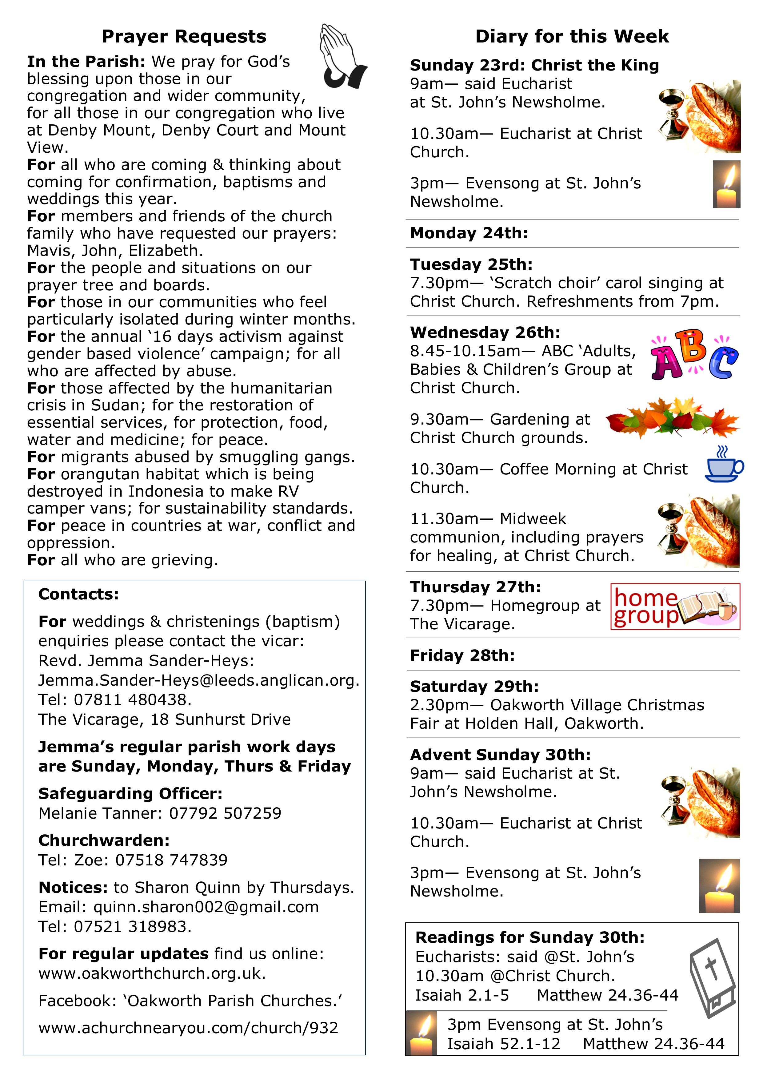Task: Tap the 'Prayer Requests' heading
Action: tap(184, 37)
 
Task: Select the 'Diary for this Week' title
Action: tap(572, 37)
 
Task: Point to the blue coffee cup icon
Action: tap(724, 465)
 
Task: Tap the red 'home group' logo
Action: tap(675, 606)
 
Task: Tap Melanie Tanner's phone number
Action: tap(225, 813)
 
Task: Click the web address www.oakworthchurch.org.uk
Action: tap(152, 973)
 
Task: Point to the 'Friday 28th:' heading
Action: tap(462, 655)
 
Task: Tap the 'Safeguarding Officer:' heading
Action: tap(130, 794)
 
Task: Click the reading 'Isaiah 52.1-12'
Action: tap(504, 1044)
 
